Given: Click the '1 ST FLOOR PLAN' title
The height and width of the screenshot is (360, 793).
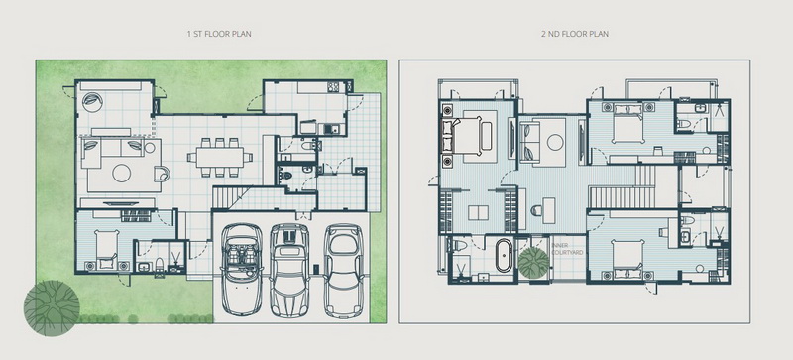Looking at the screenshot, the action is [x=219, y=34].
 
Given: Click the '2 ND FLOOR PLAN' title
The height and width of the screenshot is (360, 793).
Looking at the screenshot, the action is [x=575, y=34].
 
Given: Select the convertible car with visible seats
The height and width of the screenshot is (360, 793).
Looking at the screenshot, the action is [x=242, y=270].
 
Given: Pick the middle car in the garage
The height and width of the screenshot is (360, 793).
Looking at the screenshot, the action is [x=289, y=270].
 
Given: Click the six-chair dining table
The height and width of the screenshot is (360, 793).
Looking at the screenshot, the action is [x=220, y=158].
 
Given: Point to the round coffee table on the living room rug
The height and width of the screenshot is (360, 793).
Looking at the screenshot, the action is [x=121, y=174].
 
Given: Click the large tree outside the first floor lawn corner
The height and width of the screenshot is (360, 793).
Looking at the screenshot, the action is [x=52, y=307].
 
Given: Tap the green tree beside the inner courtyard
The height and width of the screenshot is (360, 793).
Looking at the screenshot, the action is [x=533, y=262].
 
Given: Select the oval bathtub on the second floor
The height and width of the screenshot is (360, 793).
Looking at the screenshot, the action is [x=504, y=256].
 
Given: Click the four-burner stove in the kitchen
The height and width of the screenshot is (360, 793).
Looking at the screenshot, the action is [x=333, y=87].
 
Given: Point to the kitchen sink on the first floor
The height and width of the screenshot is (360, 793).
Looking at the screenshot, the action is [x=331, y=129].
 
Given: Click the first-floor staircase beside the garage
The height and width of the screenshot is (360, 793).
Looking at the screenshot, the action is [x=231, y=197].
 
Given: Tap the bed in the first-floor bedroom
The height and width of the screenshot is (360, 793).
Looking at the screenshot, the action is [x=107, y=249].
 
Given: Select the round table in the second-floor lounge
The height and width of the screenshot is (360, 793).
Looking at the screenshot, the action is [x=555, y=142].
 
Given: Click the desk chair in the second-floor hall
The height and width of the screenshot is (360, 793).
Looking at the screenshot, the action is [x=536, y=210].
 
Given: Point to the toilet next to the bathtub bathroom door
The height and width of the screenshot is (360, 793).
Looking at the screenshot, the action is [x=459, y=246].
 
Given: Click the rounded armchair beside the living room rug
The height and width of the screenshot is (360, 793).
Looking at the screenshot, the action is [x=162, y=174].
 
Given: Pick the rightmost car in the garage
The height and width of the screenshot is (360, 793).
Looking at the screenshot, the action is [x=344, y=271].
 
